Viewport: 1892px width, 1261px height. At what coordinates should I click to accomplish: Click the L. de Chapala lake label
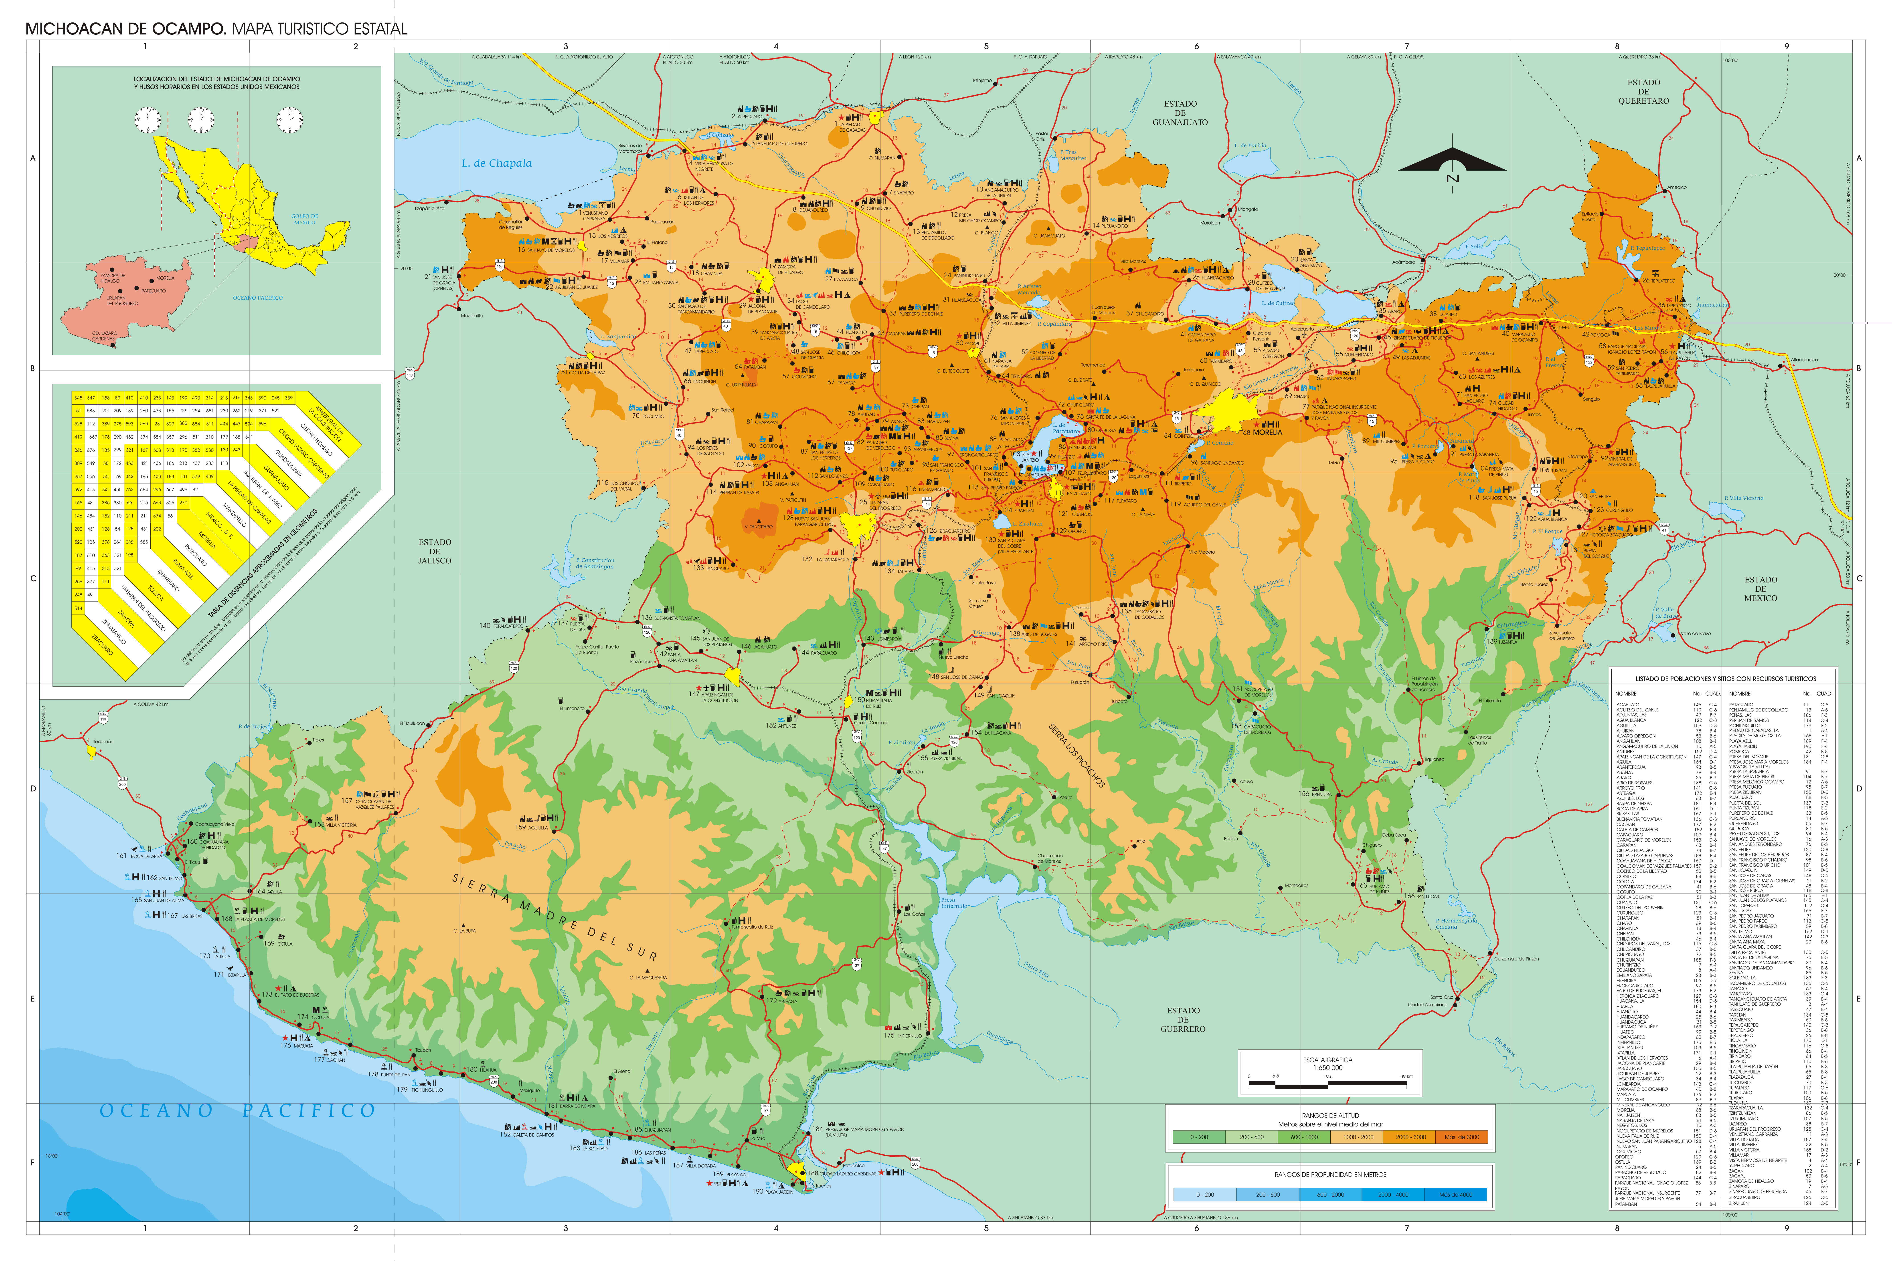tap(496, 163)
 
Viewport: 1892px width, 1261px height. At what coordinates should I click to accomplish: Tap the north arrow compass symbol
tap(1452, 162)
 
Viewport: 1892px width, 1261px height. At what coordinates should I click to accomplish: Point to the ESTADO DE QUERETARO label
tap(1643, 92)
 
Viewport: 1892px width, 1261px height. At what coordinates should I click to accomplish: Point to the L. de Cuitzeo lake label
tap(1278, 303)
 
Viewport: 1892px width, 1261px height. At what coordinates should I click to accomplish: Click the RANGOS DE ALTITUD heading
tap(1330, 1116)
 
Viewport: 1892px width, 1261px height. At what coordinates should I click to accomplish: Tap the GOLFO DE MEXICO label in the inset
tap(305, 220)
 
